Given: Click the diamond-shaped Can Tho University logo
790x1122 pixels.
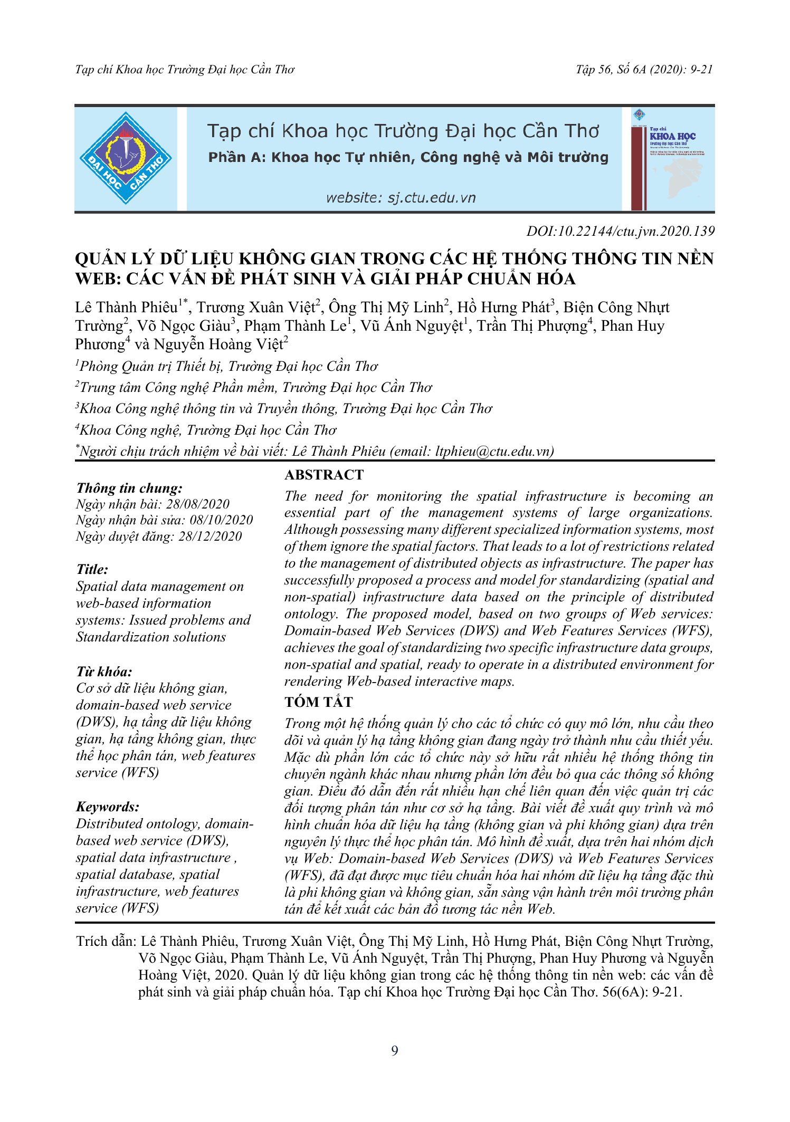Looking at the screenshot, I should (x=126, y=158).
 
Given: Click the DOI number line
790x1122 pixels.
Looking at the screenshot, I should (x=620, y=231).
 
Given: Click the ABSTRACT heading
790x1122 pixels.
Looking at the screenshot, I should (x=324, y=475).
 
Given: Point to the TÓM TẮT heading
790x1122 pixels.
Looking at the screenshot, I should (x=318, y=702).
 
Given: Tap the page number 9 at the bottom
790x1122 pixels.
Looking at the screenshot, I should (x=395, y=1051).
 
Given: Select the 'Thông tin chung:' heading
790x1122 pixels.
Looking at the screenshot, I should (x=129, y=488).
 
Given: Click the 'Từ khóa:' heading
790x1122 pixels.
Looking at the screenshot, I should (x=104, y=672).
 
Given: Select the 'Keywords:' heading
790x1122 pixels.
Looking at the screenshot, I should (x=108, y=807).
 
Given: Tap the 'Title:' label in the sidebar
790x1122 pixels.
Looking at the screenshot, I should (x=92, y=569).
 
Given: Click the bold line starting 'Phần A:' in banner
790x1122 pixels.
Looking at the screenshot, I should (x=408, y=157).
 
